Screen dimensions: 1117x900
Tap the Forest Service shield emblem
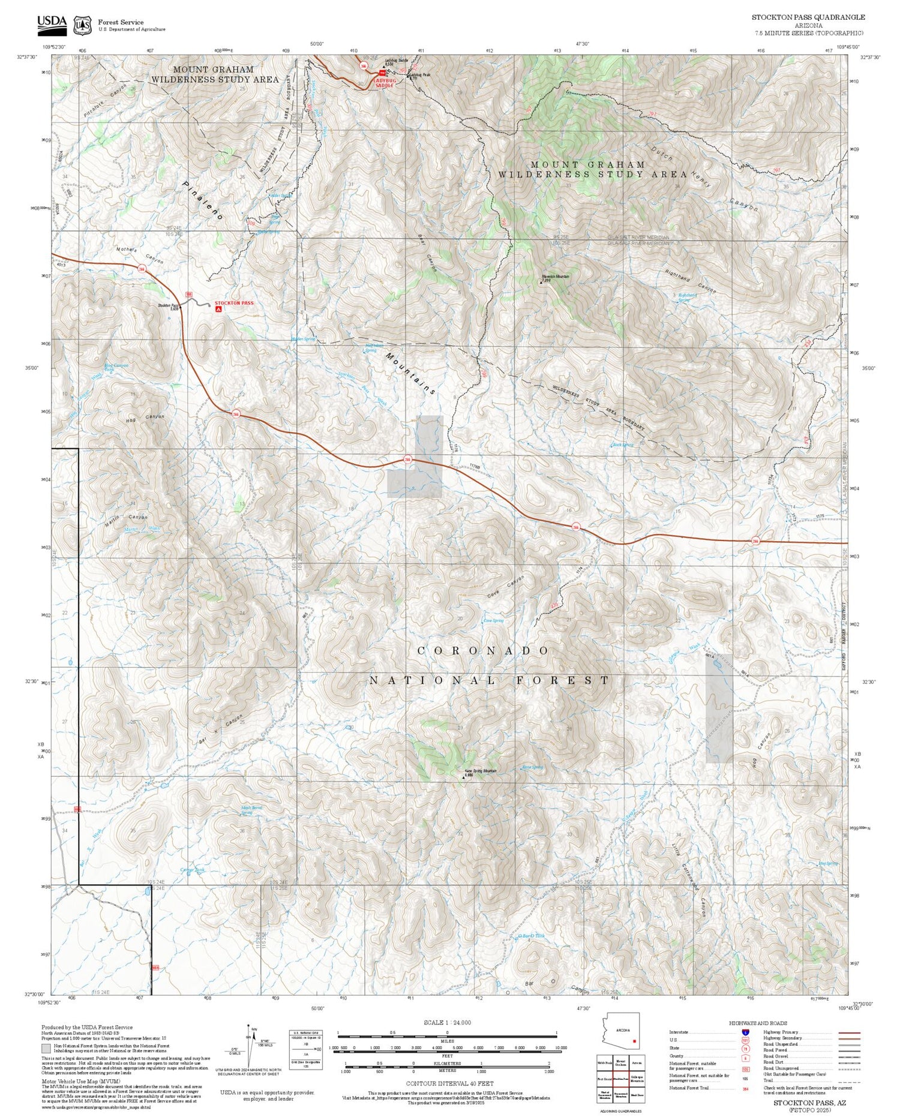pos(82,25)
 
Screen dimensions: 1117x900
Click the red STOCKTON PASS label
pos(234,303)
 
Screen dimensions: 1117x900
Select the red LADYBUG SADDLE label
pos(385,83)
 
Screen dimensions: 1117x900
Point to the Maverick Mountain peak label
pos(555,277)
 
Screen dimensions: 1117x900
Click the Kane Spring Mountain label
pos(481,771)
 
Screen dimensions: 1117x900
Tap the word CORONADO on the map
pos(483,651)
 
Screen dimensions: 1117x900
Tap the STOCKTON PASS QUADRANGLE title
pos(808,17)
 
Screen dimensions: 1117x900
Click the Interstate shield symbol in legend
pos(745,1032)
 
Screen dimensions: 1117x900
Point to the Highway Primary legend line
pos(846,1032)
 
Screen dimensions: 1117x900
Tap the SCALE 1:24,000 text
pos(447,1022)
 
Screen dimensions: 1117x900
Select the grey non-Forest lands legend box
pos(46,1049)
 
